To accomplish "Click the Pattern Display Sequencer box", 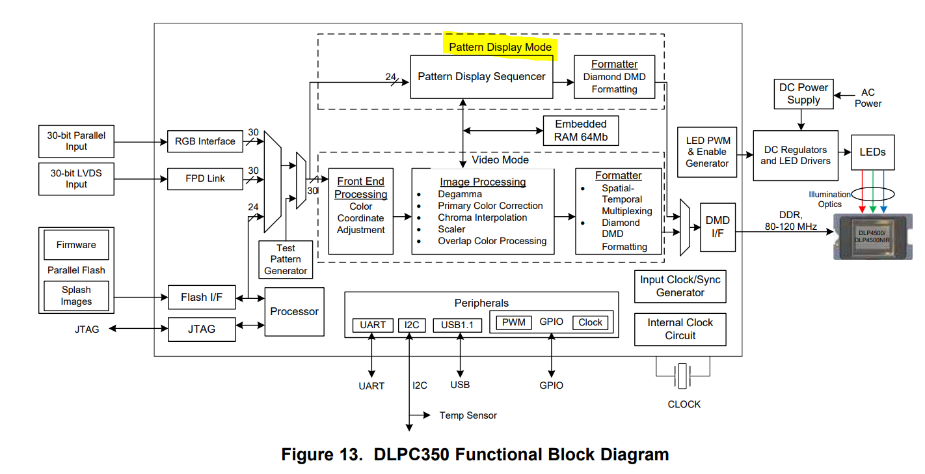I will coord(482,77).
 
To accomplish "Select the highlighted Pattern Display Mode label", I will coord(500,47).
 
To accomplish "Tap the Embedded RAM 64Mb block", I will coord(580,131).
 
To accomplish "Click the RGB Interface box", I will coord(205,141).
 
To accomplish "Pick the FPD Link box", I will coord(205,178).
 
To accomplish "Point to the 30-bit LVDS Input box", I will coord(76,178).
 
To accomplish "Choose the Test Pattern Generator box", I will coord(286,259).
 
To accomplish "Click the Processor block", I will coord(294,312).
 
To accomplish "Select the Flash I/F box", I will coord(201,298).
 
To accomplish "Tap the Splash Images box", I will coord(76,296).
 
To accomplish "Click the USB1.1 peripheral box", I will coord(457,325).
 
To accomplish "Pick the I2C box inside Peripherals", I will coord(411,325).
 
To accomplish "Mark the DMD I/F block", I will coord(717,227).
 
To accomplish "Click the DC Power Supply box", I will coord(803,94).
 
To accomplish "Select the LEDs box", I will coord(872,152).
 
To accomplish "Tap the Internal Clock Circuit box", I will coord(680,329).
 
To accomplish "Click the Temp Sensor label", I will coord(468,415).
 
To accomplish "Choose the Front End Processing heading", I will coord(360,188).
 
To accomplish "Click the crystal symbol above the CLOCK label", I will coord(682,376).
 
